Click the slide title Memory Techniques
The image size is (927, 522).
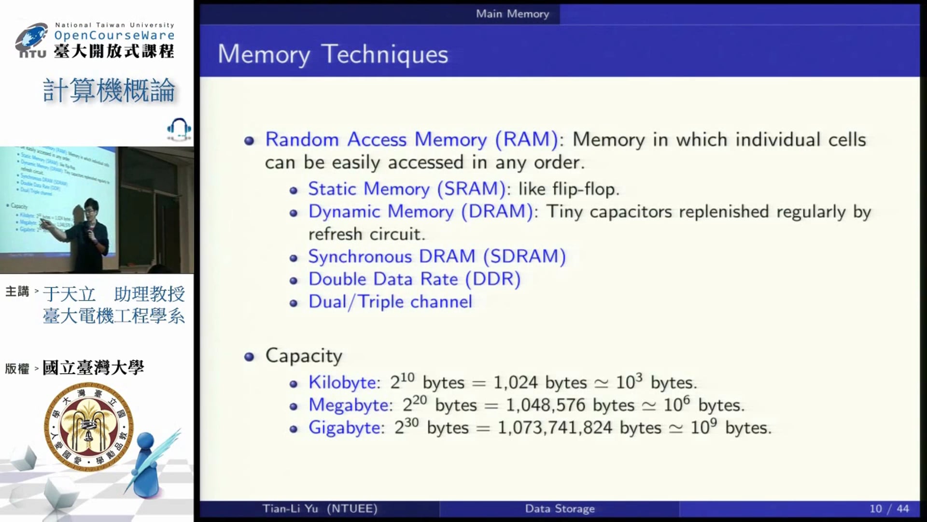[333, 54]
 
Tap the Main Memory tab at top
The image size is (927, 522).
[512, 14]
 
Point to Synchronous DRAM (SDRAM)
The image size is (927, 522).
[437, 256]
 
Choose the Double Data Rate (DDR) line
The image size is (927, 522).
[414, 279]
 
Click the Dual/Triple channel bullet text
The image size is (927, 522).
[390, 302]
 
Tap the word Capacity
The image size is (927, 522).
[304, 356]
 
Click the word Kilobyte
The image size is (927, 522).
[343, 382]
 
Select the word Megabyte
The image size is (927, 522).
[350, 405]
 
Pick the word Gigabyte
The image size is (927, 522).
[346, 428]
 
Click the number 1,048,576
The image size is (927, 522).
[546, 405]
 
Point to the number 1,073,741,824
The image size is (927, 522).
[555, 428]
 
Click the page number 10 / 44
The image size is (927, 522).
[889, 508]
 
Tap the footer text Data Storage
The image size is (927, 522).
[560, 508]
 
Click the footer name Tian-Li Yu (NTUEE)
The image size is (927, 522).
[320, 508]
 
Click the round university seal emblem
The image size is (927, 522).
[88, 426]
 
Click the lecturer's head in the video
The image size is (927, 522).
[91, 208]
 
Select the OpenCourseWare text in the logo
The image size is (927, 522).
[114, 35]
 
